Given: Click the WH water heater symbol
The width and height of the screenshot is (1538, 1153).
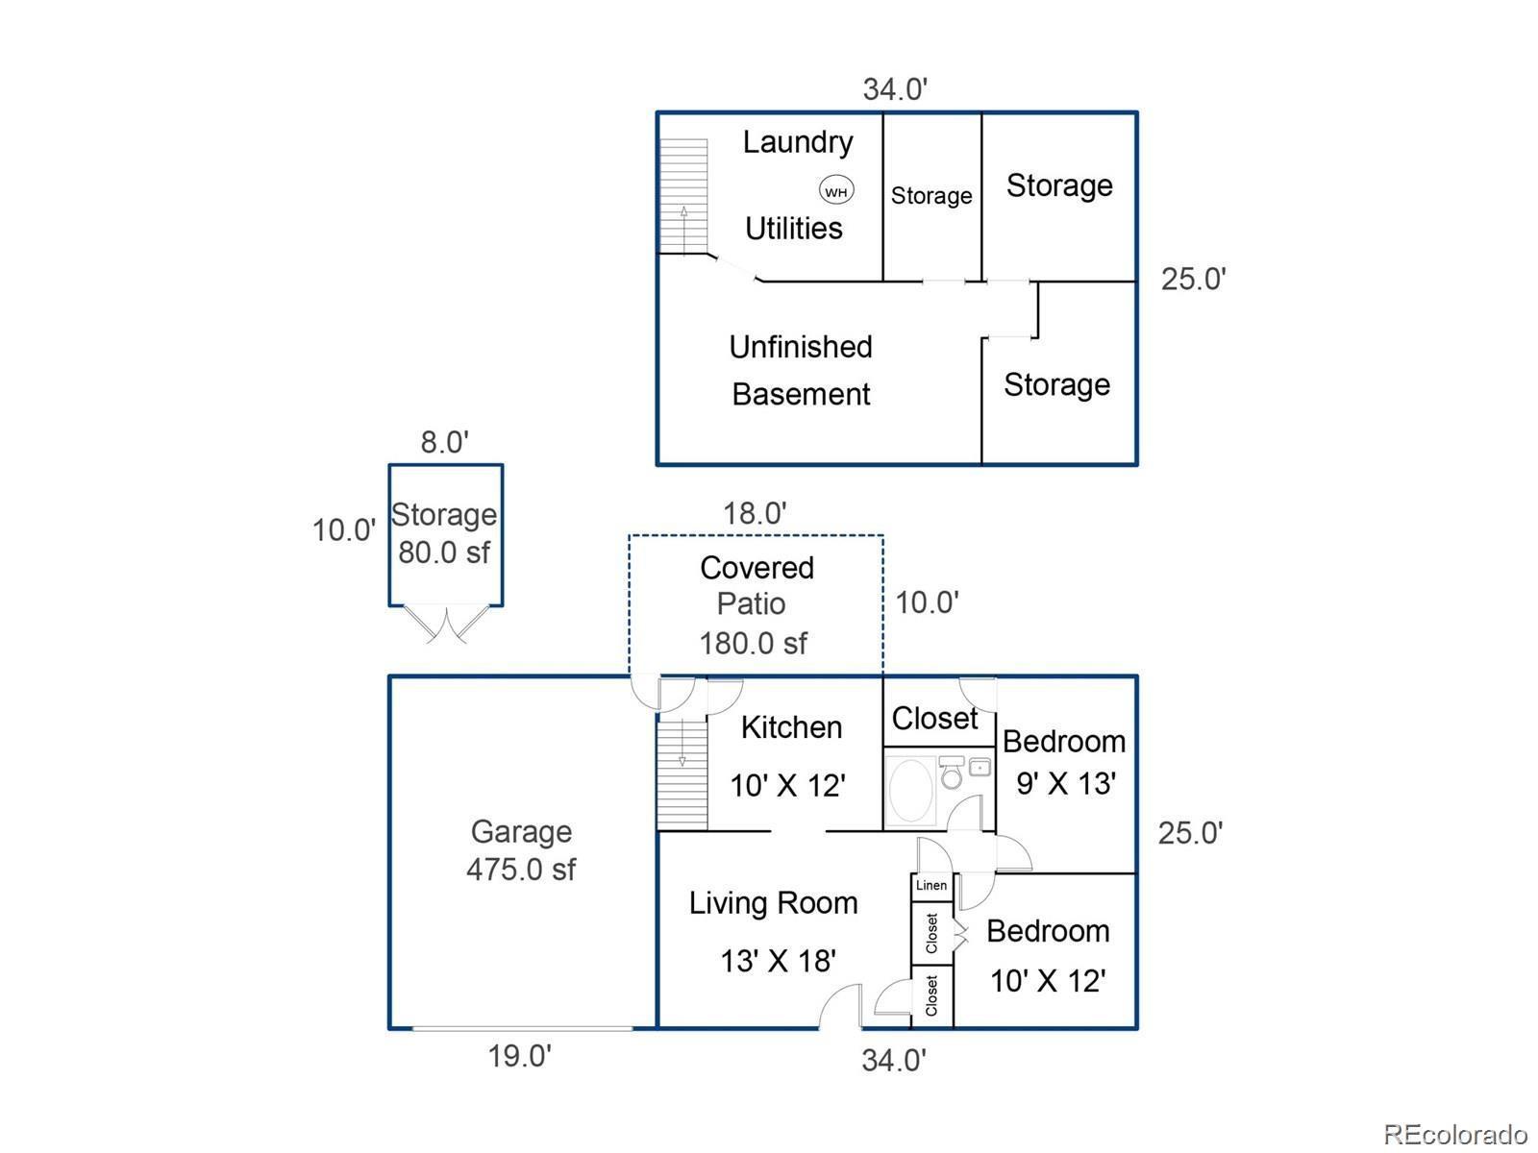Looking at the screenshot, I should pos(836,191).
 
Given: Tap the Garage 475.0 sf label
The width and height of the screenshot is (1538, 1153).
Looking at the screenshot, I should pos(521,850).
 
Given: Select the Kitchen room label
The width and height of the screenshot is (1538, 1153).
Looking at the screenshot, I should pos(791,727).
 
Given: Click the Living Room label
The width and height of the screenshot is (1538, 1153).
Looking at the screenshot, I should pos(773,903).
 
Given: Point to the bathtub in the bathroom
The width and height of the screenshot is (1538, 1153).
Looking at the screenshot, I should pos(911,791).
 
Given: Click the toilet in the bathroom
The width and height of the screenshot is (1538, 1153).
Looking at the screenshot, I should pos(952,772).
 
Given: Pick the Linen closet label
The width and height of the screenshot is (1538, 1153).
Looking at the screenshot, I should pos(931,885).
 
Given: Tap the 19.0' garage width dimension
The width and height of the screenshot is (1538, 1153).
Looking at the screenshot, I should pos(519,1056).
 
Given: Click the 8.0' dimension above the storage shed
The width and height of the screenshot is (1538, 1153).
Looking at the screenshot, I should pos(444,442).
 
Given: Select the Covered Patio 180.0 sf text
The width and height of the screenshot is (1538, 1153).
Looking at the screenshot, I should pos(756,604).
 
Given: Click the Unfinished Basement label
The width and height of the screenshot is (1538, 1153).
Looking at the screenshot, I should pos(801,370).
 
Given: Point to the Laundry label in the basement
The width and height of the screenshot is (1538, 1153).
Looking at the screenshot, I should pos(798,142).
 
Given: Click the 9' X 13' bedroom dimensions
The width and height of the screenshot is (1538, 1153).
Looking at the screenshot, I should pos(1065,783).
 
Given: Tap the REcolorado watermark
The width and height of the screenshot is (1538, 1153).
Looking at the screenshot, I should pos(1455,1134).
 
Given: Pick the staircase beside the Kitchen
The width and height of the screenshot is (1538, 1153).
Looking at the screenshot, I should pos(682,773).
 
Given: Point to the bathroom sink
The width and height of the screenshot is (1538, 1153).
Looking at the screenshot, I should pos(980,767).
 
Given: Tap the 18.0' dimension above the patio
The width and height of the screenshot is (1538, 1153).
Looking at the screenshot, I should pos(755,513).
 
